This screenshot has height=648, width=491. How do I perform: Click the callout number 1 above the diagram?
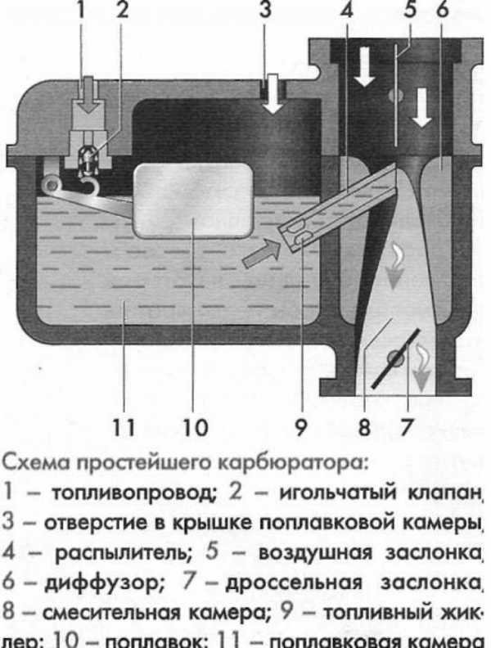click(x=81, y=11)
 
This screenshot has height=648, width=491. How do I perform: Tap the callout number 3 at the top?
click(x=264, y=11)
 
